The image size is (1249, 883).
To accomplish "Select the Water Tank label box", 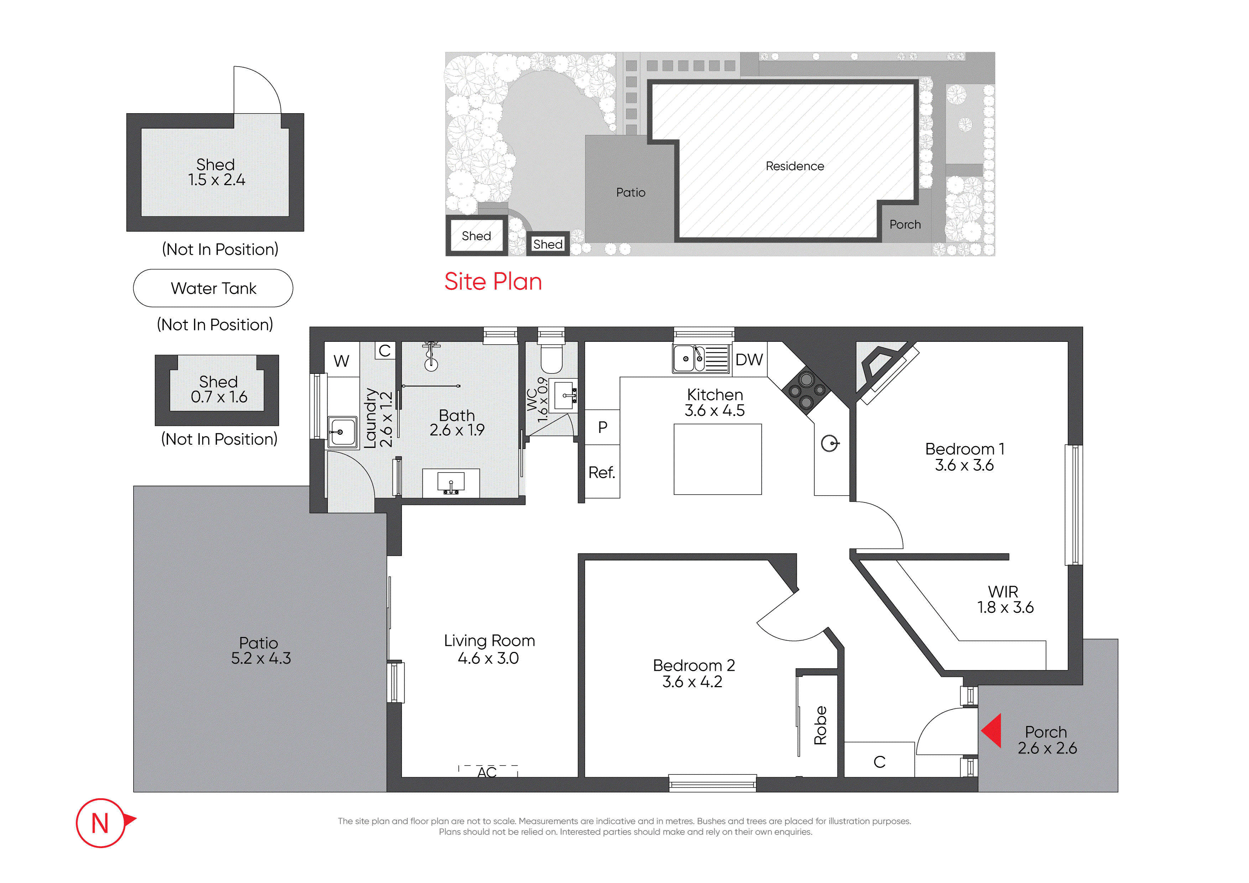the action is (213, 288).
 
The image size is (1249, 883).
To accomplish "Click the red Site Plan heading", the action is (493, 282).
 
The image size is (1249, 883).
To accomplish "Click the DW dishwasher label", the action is (749, 360).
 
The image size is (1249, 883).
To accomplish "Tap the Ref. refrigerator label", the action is (602, 472).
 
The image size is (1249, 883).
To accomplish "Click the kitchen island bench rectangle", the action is (717, 459).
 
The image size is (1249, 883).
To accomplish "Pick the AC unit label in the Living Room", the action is (487, 773).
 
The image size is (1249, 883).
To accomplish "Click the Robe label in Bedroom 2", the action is (820, 725).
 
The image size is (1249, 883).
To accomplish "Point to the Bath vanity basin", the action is (451, 482).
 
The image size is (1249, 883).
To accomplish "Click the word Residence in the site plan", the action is (795, 166).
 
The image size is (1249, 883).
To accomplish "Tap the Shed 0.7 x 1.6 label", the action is (219, 389).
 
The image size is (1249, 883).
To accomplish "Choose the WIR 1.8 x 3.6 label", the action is (1005, 599).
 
